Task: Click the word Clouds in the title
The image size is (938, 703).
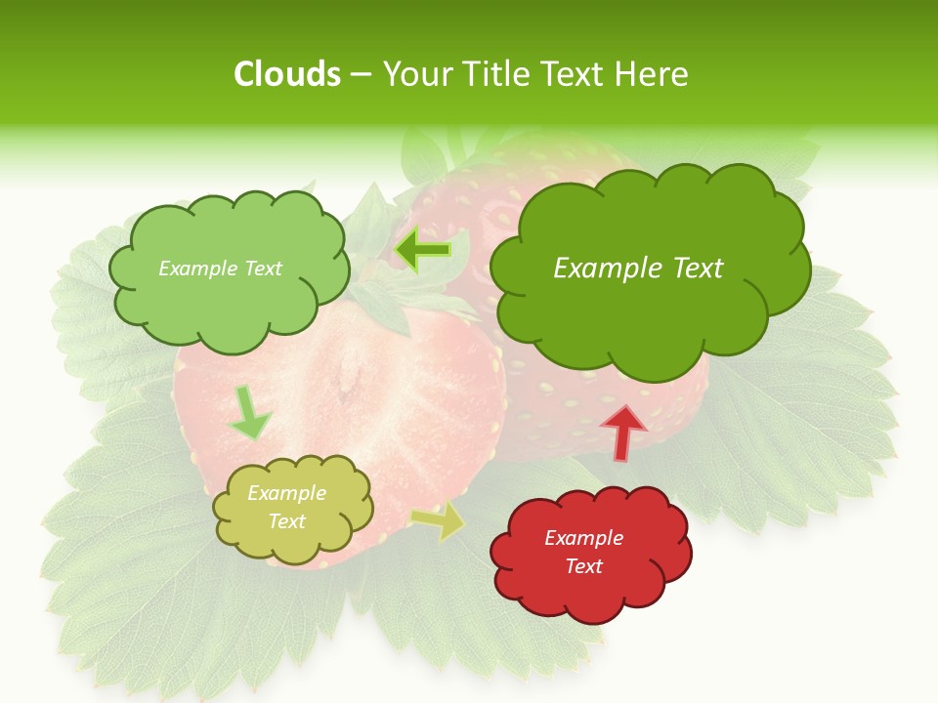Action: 287,74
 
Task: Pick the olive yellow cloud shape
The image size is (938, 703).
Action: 293,543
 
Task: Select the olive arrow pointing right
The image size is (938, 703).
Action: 439,521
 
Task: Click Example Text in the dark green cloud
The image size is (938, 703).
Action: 638,268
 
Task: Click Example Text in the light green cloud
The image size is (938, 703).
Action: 220,268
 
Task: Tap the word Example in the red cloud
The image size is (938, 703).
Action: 583,538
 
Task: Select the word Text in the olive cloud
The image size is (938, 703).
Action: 287,521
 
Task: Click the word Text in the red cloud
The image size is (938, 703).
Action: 583,566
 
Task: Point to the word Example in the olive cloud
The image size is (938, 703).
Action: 287,493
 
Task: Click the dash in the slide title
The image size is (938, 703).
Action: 361,74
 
